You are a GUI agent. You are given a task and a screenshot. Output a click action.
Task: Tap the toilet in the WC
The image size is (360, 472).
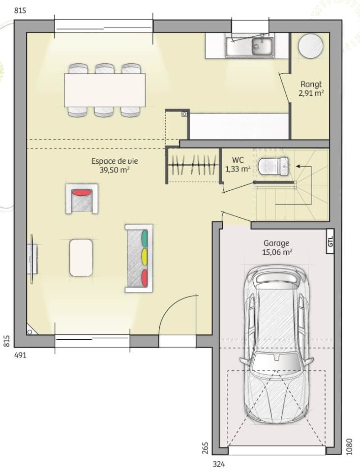pos(273,166)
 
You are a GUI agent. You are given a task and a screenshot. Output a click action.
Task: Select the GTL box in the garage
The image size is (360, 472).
pos(330,241)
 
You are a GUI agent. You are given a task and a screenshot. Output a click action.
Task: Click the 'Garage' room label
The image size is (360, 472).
pos(276,243)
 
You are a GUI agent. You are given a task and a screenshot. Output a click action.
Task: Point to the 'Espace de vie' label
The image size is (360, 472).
pos(115,161)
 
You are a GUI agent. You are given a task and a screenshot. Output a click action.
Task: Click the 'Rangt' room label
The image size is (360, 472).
pos(311,84)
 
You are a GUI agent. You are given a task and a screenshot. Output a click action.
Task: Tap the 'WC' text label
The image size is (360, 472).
pos(238,160)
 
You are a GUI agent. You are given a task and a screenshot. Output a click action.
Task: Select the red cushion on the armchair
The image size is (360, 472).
pos(82,192)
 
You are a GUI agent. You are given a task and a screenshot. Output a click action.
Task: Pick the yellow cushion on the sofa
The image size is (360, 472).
pos(145,257)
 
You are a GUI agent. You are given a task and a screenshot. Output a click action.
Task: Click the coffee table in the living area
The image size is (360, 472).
pos(81,257)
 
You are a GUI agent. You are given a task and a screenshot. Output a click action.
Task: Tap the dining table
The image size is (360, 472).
pos(105,90)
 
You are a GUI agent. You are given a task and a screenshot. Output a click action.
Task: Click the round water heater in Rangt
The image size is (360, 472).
pos(311,46)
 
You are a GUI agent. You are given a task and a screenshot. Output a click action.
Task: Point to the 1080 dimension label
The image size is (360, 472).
pos(349,446)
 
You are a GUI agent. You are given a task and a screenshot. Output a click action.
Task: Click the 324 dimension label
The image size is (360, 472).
pos(219,464)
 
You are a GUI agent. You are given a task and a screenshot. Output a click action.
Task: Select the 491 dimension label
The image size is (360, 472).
pos(21,355)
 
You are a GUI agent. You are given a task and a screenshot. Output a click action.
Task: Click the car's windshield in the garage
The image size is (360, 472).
pos(276,361)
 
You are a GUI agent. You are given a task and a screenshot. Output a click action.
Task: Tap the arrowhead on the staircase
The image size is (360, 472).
pos(298,166)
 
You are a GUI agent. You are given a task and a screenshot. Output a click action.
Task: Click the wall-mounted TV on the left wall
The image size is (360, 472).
pos(31,259)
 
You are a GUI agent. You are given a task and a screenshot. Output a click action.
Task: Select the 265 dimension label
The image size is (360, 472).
pos(205,447)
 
